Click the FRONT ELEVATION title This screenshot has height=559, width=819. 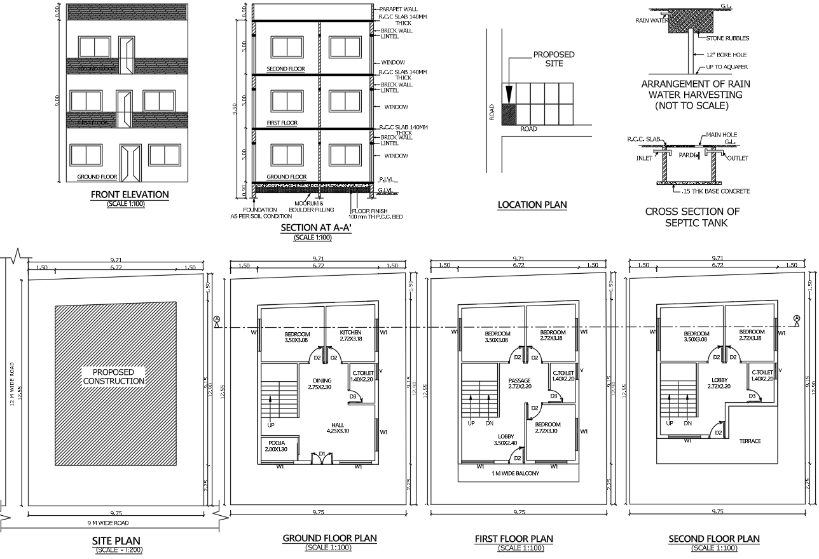coord(130,194)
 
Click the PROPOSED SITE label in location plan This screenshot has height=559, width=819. coord(553,59)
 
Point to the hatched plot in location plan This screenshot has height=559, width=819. coord(509,114)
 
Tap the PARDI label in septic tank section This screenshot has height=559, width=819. coord(687,154)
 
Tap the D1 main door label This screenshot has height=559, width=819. coord(322,453)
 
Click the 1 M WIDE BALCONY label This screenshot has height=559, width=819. coord(515,473)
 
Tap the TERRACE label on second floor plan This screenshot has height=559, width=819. coord(750,441)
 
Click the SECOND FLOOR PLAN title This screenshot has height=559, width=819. coord(713,539)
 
